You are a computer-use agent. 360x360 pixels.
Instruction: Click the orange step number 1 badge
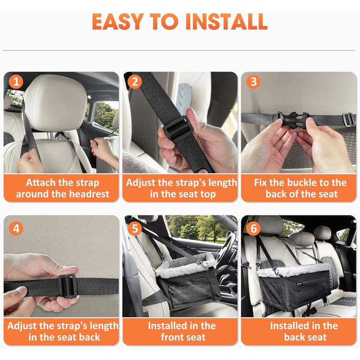(x=16, y=82)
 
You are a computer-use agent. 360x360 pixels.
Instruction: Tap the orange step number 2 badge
(x=135, y=82)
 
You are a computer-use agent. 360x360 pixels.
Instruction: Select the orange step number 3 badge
(x=253, y=82)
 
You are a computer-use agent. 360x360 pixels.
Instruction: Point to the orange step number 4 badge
(x=16, y=229)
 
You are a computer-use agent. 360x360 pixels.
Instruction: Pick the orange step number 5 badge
(x=135, y=229)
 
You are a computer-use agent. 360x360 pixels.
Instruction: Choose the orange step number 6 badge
(x=254, y=229)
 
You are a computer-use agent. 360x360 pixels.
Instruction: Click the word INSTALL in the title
(x=226, y=22)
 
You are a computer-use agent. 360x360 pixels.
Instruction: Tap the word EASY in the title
(x=118, y=22)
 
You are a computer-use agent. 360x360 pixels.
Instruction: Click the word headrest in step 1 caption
(x=89, y=194)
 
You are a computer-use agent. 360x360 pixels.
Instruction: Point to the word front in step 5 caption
(x=172, y=337)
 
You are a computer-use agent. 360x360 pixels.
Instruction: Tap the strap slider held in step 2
(x=178, y=128)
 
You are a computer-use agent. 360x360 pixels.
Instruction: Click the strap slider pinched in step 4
(x=67, y=286)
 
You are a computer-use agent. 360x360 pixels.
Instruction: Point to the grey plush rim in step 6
(x=294, y=271)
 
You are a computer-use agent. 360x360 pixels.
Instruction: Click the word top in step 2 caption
(x=208, y=194)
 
